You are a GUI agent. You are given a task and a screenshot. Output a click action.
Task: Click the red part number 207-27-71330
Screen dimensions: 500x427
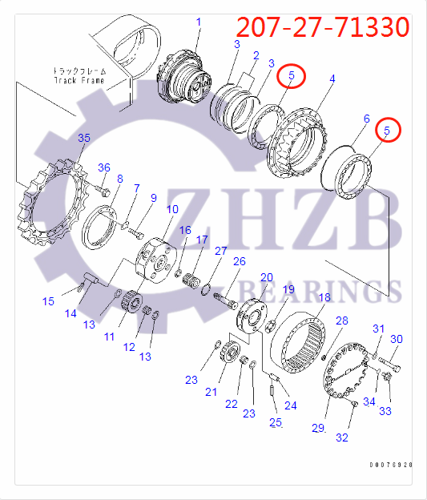click(324, 27)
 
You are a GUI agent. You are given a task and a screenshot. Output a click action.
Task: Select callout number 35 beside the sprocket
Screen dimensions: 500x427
click(84, 139)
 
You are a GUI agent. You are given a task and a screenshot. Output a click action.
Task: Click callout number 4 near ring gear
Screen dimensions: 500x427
click(332, 79)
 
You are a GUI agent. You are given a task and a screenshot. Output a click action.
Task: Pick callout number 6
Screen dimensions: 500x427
click(366, 119)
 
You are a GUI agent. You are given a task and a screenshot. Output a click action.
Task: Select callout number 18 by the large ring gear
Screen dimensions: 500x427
click(324, 297)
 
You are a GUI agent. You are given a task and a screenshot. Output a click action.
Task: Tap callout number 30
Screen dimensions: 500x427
click(396, 339)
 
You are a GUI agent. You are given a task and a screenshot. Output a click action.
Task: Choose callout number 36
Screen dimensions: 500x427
click(103, 167)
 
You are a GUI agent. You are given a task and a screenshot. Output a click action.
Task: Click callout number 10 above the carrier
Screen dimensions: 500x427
click(172, 210)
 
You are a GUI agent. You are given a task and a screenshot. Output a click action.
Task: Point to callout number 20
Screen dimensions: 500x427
click(267, 276)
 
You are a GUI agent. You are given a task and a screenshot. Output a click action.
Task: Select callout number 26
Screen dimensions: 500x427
click(239, 261)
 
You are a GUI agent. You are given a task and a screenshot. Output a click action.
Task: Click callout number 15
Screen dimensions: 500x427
click(48, 300)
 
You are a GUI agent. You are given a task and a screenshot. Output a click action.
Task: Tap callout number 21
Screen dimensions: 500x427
click(211, 391)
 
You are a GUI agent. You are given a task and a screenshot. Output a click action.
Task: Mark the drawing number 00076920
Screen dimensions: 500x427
click(390, 465)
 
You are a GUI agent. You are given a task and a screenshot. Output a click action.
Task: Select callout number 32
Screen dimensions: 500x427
click(341, 437)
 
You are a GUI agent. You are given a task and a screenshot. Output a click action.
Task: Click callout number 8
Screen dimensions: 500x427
click(119, 179)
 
